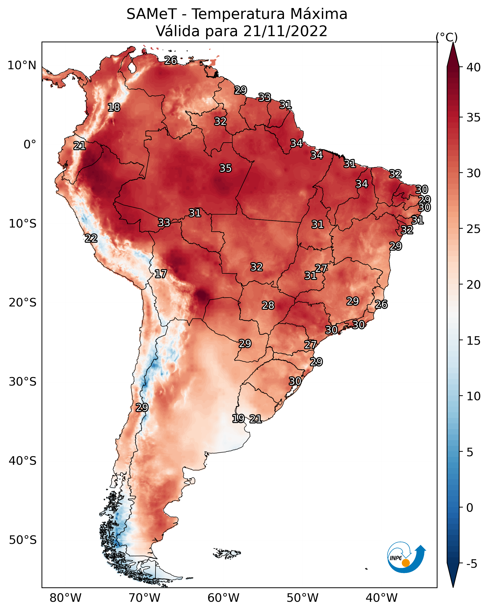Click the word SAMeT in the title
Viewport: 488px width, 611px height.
[152, 14]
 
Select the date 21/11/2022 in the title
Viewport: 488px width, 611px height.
[285, 31]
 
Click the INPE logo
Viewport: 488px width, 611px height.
[407, 557]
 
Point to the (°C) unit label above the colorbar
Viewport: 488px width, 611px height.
[446, 37]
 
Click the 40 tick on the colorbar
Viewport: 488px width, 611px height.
[474, 67]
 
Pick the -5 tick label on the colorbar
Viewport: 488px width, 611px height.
[472, 564]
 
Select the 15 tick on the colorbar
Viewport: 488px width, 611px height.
[474, 341]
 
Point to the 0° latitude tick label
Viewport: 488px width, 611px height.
[30, 144]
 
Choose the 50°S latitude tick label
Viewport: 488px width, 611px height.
[23, 540]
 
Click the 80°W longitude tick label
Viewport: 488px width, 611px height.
[65, 598]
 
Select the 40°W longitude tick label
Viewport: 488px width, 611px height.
[382, 598]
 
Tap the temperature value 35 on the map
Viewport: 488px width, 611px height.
[225, 168]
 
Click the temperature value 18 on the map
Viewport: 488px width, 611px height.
[114, 108]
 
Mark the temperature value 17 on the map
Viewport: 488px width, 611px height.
[161, 274]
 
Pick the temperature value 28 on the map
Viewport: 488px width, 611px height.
[268, 305]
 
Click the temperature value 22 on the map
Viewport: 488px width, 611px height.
[91, 238]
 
